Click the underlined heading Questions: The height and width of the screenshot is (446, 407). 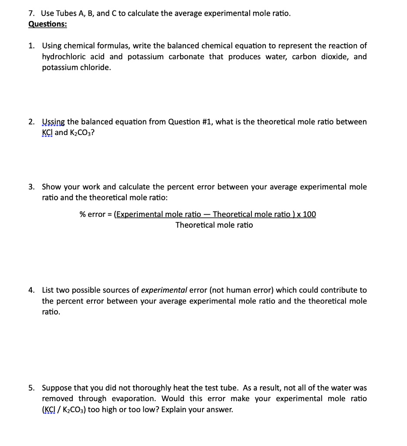pos(47,24)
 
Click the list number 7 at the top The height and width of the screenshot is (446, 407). pos(31,14)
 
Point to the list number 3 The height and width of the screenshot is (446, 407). pos(31,187)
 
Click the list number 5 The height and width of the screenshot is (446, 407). pos(31,388)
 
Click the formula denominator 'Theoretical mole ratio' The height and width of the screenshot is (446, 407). pos(214,225)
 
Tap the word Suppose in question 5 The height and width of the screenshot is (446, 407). pos(57,388)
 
